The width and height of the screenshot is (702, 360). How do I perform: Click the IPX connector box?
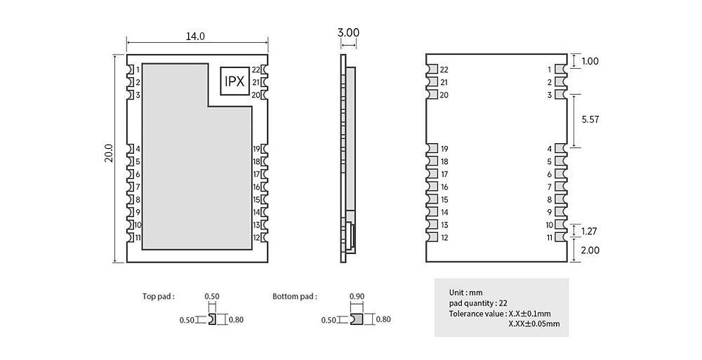coord(234,81)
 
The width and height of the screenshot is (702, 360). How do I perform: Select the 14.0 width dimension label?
coord(195,36)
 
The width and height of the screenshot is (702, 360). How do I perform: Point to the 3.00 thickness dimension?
coord(348,33)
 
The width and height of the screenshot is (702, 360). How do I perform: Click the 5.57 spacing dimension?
coord(590,119)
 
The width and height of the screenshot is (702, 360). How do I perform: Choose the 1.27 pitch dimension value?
coord(589,232)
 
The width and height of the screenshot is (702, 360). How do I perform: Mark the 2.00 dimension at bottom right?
coord(590,251)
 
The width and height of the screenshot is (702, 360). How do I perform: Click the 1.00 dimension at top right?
coord(590,61)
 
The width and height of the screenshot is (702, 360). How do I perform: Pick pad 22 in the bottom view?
coord(432,69)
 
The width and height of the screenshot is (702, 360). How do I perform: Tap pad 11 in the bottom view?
coord(560,237)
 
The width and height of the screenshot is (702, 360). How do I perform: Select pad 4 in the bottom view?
coord(560,149)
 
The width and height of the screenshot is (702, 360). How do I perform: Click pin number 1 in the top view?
coord(138,69)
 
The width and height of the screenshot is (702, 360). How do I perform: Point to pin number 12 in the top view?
coord(256,237)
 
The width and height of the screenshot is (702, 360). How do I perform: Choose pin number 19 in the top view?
coord(256,149)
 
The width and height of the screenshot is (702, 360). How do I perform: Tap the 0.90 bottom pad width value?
coord(357,296)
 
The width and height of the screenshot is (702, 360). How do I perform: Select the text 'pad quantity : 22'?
coord(478,303)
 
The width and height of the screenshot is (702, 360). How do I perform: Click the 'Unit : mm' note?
coord(466,293)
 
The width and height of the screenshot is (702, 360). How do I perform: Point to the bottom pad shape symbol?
coord(357,319)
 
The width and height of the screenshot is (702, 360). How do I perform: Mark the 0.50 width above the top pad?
coord(212,296)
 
